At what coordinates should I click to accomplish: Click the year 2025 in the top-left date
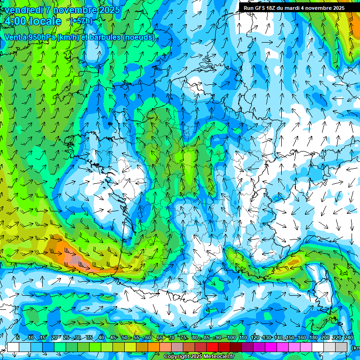click(x=107, y=10)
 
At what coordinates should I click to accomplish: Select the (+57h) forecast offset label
click(x=81, y=21)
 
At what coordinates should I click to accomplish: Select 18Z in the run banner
click(x=272, y=8)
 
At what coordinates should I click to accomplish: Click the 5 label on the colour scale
click(x=18, y=338)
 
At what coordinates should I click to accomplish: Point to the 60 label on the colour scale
click(x=148, y=338)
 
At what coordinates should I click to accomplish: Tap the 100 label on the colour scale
click(x=231, y=338)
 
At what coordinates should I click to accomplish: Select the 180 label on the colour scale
click(x=313, y=338)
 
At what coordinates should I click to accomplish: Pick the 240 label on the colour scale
click(x=349, y=338)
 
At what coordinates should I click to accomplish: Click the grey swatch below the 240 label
click(x=342, y=347)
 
